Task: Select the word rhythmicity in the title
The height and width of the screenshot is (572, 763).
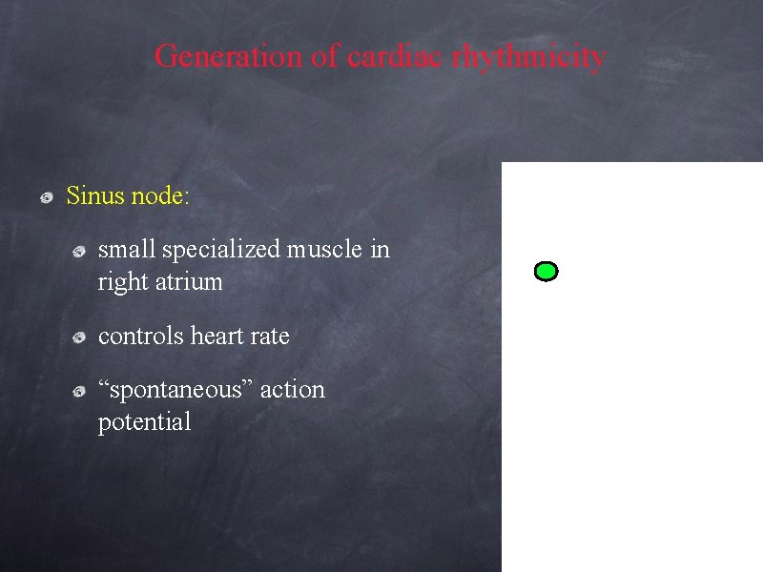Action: (x=528, y=56)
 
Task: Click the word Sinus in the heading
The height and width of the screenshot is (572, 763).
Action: (x=94, y=195)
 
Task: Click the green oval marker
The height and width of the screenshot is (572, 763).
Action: (x=546, y=272)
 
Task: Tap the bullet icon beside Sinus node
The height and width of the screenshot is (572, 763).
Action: (x=46, y=198)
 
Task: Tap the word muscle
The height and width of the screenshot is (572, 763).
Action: (x=324, y=250)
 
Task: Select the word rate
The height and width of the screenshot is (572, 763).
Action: (x=271, y=337)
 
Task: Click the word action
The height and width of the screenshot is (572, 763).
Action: (x=293, y=390)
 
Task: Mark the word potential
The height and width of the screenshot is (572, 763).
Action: (x=144, y=422)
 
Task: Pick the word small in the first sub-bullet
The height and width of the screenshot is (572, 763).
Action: (x=128, y=250)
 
